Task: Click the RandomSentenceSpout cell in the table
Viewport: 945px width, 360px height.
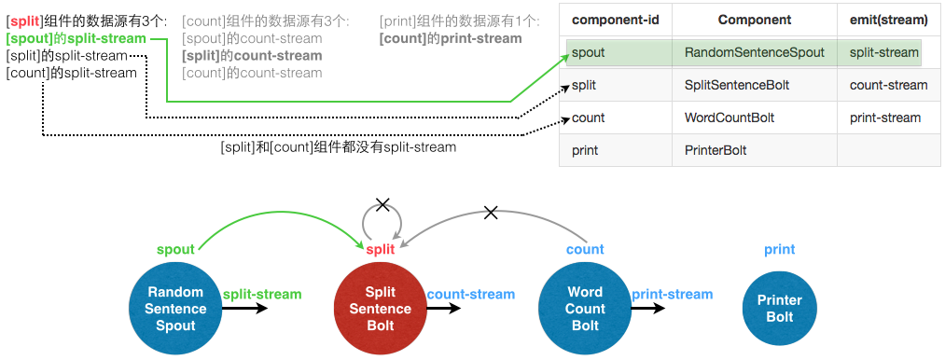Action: [754, 52]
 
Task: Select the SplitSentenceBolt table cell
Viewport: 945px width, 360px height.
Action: [737, 85]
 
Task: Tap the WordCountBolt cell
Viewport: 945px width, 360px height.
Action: [730, 118]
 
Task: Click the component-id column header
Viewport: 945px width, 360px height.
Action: [610, 20]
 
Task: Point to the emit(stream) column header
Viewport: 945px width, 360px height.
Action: [888, 20]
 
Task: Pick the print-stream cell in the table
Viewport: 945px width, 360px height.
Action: [885, 118]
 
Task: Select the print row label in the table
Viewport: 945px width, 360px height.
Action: [585, 150]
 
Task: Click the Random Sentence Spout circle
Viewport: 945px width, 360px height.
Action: [175, 309]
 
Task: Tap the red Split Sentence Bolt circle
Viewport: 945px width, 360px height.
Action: [381, 309]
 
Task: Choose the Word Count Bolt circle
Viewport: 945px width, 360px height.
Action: [585, 309]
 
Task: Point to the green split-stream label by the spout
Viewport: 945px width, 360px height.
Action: [262, 295]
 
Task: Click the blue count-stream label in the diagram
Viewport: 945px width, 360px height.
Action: [470, 295]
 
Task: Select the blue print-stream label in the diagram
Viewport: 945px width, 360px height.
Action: [672, 295]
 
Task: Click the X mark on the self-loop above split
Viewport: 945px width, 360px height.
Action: [381, 203]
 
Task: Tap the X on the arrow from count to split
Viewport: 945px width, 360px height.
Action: [491, 213]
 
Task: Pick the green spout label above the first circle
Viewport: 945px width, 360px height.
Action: [175, 249]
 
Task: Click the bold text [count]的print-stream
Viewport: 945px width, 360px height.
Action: [451, 39]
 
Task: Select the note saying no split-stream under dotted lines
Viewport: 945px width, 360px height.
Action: [338, 147]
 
